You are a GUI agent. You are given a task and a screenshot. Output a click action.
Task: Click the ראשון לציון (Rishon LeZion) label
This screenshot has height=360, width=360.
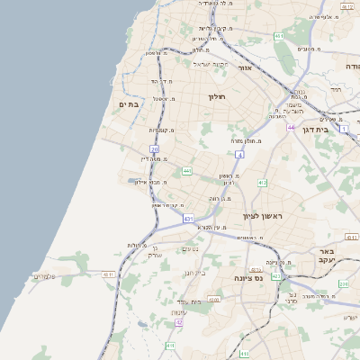(263, 217)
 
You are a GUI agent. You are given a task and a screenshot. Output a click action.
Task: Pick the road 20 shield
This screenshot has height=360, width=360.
(155, 148)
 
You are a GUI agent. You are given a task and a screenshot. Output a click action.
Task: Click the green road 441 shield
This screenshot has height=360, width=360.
(186, 170)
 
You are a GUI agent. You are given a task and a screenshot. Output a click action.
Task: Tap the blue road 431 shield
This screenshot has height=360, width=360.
(188, 219)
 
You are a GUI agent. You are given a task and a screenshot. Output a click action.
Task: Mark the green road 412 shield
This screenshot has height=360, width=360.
(262, 184)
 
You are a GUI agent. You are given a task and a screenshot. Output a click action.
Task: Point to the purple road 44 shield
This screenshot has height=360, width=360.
(291, 128)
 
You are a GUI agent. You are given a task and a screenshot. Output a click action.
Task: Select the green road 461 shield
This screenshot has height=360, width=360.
(279, 36)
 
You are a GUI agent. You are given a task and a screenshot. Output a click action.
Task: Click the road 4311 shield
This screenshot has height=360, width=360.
(109, 274)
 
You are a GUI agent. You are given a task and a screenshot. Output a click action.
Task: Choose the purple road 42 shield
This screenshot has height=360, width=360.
(179, 321)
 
